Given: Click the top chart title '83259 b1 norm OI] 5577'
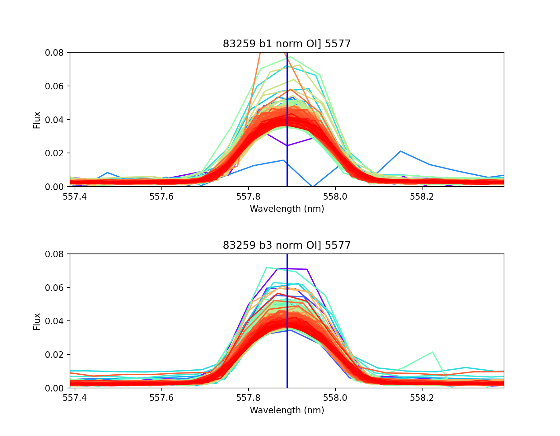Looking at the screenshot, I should (287, 44).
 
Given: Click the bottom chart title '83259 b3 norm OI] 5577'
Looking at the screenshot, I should (287, 245).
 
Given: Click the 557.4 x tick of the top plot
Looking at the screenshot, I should (75, 197).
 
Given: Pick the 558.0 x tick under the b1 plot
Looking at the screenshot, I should (335, 197).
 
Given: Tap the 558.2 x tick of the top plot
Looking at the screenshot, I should (422, 197).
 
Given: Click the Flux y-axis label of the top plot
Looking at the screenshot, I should (37, 120).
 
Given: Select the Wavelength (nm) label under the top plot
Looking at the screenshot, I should (287, 209).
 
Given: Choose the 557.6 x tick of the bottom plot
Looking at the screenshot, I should (161, 399).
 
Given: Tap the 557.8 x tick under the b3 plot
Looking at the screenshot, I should (248, 399).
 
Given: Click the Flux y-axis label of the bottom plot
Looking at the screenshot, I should (37, 321).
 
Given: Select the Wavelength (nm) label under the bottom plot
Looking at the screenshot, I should (287, 410).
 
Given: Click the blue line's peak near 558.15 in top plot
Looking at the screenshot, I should (400, 151).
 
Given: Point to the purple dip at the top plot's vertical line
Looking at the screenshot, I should (287, 145).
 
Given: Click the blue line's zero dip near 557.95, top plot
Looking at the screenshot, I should (313, 186).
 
